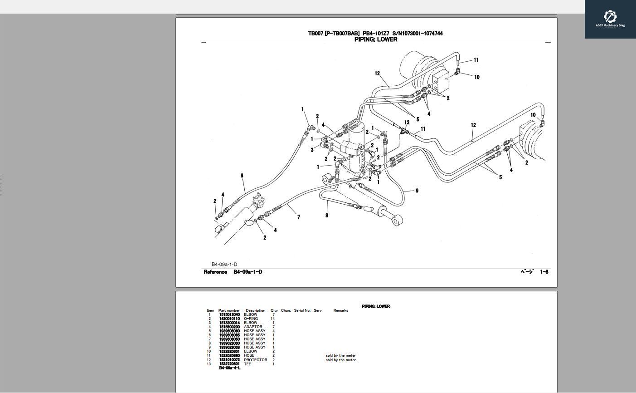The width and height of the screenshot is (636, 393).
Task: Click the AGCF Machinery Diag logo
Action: coord(610,19)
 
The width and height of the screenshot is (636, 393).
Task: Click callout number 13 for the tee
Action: coord(407,123)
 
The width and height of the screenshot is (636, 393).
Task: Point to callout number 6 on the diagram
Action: coord(242,176)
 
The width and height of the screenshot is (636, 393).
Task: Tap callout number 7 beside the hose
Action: coord(298,217)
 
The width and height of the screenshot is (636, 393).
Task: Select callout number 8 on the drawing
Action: coord(326,215)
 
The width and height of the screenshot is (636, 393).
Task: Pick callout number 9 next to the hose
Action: coord(417,191)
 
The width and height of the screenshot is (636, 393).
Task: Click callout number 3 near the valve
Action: coord(312,150)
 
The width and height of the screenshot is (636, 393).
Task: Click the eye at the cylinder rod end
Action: coord(397,221)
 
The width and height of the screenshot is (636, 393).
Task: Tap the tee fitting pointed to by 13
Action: coord(403,131)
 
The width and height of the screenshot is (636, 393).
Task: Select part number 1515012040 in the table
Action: coord(229,314)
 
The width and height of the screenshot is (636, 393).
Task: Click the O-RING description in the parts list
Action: coord(251,319)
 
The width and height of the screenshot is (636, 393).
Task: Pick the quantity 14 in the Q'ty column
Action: coord(273,319)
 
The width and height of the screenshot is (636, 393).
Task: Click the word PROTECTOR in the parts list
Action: coord(255,360)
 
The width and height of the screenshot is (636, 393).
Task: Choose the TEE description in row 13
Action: coord(247,364)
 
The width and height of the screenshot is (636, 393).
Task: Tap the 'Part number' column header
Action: coord(229,310)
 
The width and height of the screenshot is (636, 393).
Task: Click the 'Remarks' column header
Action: coord(340,310)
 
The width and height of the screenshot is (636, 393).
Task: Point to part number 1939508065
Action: coord(229,335)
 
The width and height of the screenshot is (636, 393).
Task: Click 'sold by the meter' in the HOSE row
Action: coord(340,356)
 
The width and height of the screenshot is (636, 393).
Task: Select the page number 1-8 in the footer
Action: coord(544,272)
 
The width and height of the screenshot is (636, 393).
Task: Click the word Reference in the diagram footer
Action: coord(215,272)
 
